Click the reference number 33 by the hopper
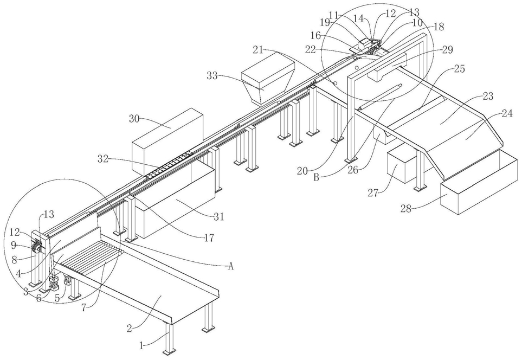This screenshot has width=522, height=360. (x=212, y=76)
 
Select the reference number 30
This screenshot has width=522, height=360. (x=134, y=119)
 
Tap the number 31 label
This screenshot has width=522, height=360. (x=219, y=217)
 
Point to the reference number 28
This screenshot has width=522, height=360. (x=407, y=209)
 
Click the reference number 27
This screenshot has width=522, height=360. (x=373, y=192)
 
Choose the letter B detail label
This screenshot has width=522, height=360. (x=317, y=177)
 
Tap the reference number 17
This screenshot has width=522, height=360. (x=209, y=238)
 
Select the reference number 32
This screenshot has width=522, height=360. (x=103, y=159)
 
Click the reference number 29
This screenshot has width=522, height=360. (x=448, y=50)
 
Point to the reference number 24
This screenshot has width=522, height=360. (x=507, y=114)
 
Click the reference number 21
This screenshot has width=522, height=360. (x=258, y=50)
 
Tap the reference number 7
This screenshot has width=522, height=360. (x=83, y=307)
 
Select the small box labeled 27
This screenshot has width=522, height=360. (x=403, y=165)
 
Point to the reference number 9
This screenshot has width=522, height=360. (x=14, y=246)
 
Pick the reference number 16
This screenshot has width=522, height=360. (x=316, y=35)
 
